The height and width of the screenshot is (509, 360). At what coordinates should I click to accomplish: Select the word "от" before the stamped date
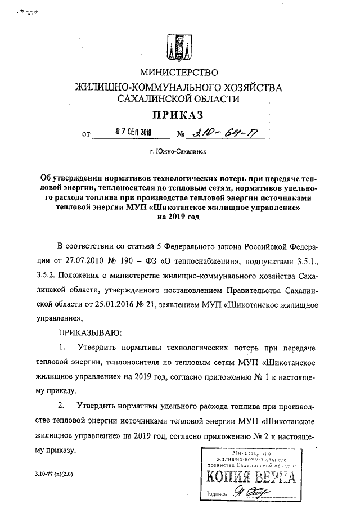85,135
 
